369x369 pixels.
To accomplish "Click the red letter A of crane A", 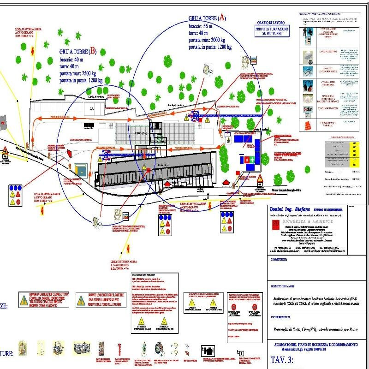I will (222, 18).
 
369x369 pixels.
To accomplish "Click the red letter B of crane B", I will (93, 51).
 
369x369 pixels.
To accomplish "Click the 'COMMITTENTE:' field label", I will (282, 259).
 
